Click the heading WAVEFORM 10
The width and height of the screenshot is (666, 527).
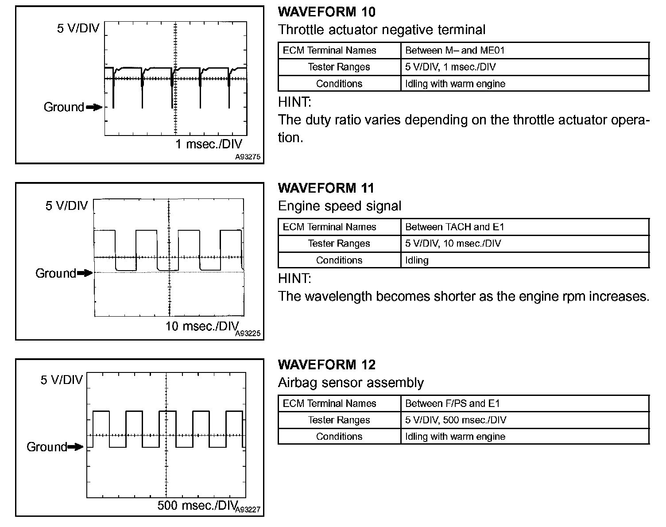coord(327,12)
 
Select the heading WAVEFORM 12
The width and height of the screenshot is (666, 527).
coord(326,364)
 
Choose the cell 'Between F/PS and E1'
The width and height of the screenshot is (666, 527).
coord(452,403)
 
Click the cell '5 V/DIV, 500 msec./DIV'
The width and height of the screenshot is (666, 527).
coord(456,420)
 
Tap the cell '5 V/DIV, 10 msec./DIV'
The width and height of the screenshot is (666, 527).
coord(453,243)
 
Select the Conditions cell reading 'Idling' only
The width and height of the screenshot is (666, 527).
coord(417,260)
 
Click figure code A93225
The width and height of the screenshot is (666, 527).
coord(248,333)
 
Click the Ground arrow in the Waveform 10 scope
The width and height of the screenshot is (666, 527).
coord(94,107)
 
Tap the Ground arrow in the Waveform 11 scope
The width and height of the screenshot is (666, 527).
coord(85,273)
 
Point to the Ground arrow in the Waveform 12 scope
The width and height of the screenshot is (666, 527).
coord(76,447)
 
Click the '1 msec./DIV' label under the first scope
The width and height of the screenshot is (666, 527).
coord(209,144)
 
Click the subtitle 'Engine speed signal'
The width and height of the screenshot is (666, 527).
coord(340,206)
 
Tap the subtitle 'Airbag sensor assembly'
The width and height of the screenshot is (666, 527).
coord(351,382)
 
